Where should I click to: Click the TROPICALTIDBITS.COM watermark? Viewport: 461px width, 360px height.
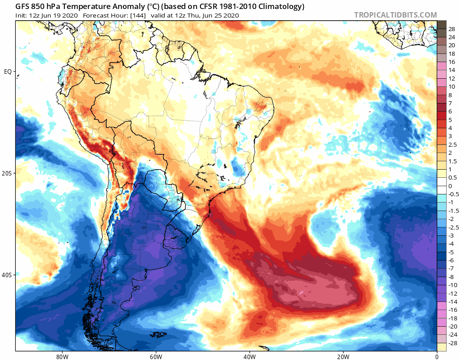pos(395,15)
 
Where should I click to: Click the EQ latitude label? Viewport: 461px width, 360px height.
pos(8,72)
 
